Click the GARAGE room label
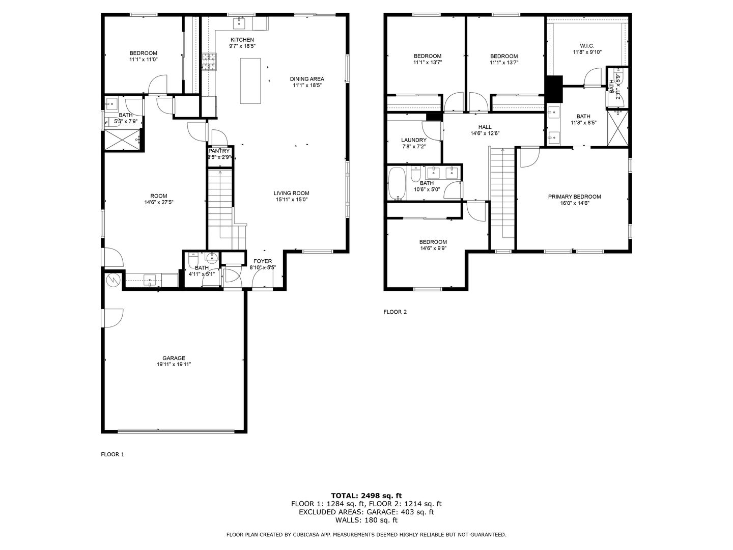174,358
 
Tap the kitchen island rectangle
250,81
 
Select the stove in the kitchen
209,62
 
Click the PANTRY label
219,151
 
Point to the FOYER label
263,261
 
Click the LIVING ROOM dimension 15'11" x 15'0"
291,200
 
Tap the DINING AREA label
307,79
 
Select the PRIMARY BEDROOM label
574,197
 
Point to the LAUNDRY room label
413,140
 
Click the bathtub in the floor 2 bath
397,184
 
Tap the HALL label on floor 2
485,127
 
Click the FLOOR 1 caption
112,454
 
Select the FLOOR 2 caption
395,312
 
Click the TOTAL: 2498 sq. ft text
366,495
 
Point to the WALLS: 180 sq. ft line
366,520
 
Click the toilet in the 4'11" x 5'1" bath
192,261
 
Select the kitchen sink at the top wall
239,22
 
